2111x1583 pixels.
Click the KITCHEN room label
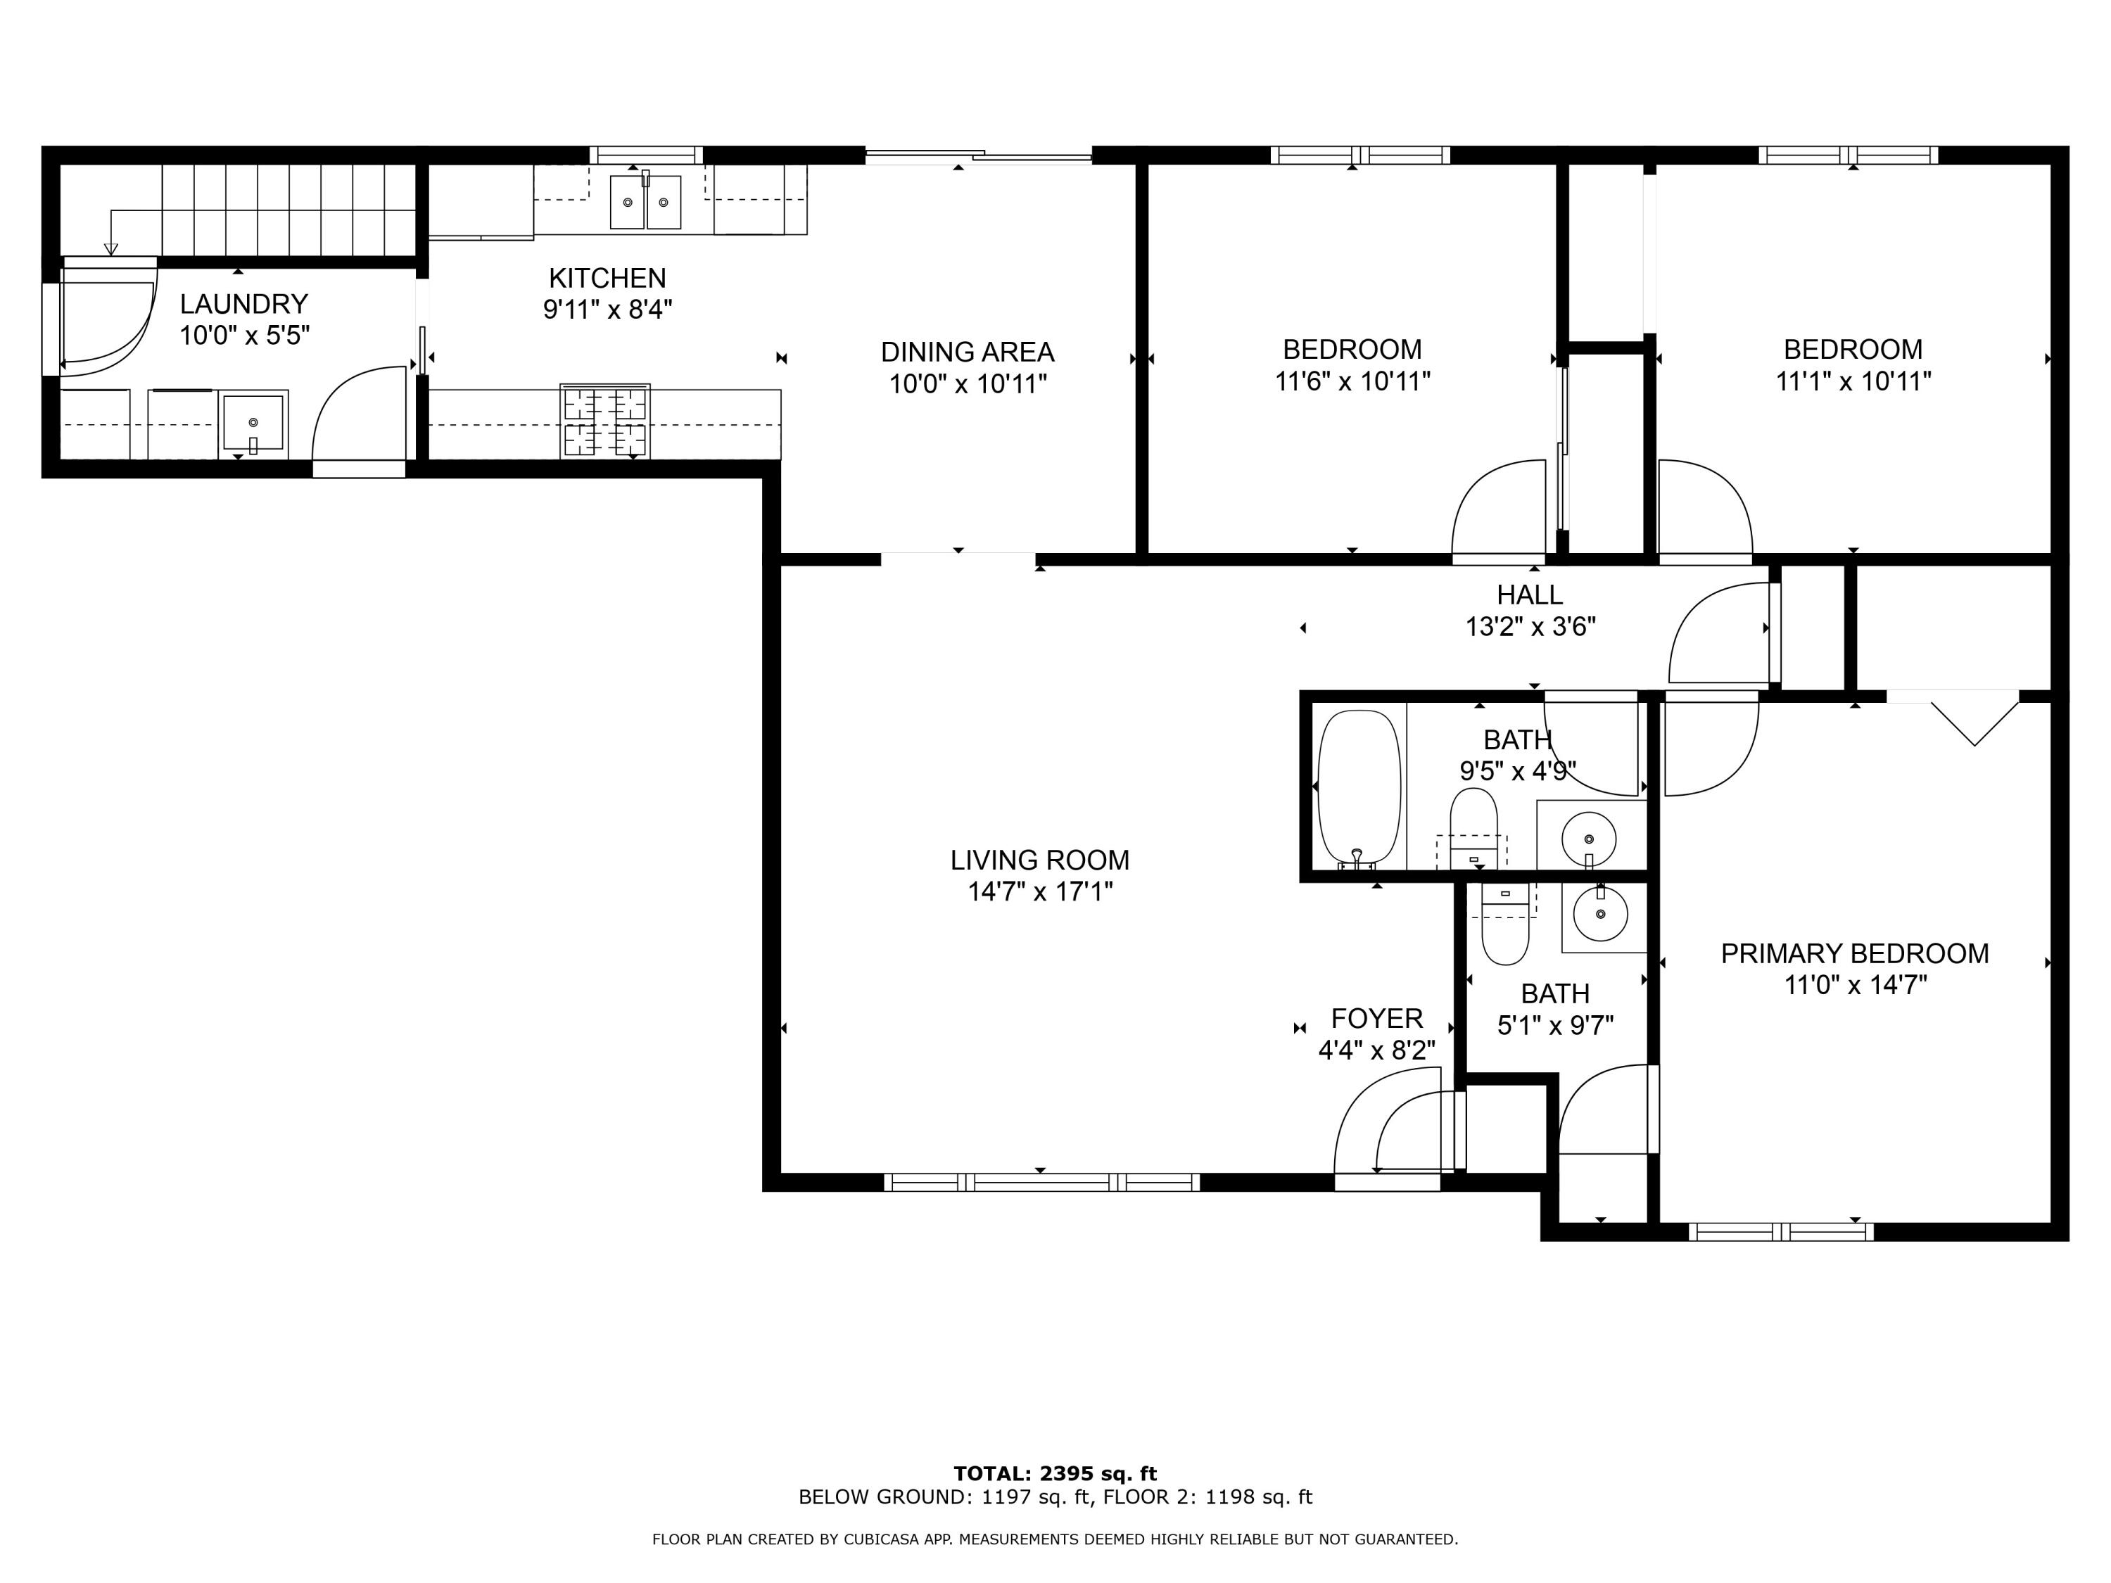(x=607, y=278)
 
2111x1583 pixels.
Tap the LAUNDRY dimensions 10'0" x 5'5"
(x=244, y=336)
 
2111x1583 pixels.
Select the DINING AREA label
(x=967, y=352)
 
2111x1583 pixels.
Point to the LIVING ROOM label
(x=1039, y=860)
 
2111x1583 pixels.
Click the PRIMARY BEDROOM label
(x=1854, y=953)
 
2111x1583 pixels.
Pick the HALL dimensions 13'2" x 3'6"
(x=1530, y=627)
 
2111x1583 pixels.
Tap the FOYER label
(x=1376, y=1018)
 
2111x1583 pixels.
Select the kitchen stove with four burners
(x=605, y=421)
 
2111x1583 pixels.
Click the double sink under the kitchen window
(x=645, y=201)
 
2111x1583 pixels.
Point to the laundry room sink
(x=253, y=421)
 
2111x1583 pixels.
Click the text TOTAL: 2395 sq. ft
(x=1055, y=1473)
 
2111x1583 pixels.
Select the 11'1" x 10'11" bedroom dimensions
(x=1852, y=381)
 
